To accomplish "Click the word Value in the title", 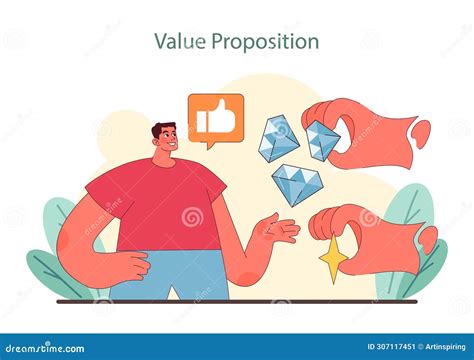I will coord(177,42).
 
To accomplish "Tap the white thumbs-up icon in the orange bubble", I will coord(215,120).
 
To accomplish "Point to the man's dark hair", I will coord(163,129).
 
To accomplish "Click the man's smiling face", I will coord(166,145).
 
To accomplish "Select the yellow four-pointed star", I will coord(332,261).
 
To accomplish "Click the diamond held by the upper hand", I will coord(323,140).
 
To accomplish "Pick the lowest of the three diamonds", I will coord(295,184).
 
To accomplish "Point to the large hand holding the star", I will coord(370,235).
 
